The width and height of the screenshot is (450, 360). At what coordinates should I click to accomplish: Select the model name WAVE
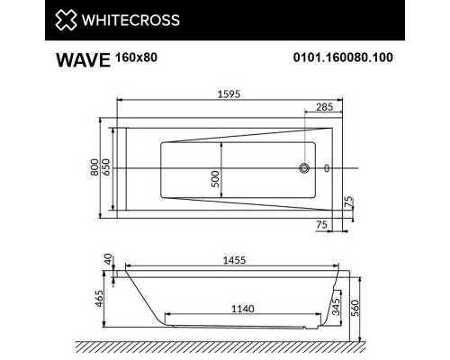[x=80, y=62]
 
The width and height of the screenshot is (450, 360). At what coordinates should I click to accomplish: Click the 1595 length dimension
[x=229, y=93]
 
